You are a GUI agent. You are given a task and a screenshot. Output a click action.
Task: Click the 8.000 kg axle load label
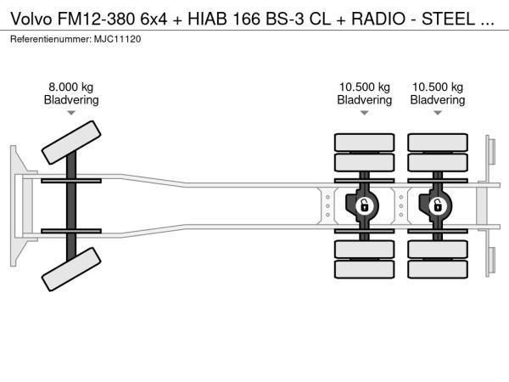pos(71,87)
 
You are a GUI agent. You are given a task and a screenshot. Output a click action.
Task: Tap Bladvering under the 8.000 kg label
pos(71,100)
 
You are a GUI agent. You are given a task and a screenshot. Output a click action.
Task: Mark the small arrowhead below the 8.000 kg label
pos(71,113)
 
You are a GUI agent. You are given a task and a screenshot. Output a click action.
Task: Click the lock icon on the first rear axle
pos(364,205)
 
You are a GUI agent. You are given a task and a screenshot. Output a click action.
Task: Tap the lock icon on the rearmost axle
pos(437,205)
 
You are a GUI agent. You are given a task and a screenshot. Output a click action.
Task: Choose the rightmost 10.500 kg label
pos(437,87)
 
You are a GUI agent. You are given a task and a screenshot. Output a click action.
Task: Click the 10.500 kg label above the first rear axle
pos(364,87)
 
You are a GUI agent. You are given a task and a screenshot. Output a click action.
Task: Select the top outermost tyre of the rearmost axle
pos(437,142)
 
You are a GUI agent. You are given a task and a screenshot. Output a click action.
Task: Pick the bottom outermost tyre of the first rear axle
pos(364,271)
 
